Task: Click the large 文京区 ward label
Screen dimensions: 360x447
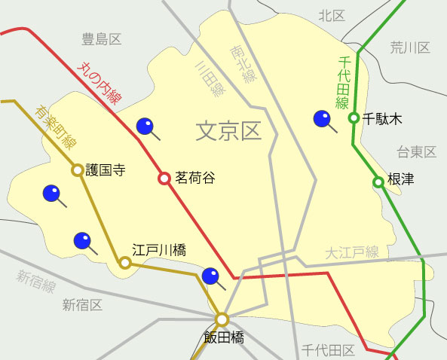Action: point(228,132)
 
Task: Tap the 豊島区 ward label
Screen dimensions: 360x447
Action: point(102,39)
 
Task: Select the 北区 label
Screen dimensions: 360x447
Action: point(331,15)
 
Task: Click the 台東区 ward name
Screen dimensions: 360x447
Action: point(417,152)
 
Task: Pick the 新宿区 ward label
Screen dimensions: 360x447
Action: point(82,305)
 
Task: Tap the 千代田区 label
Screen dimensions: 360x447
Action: point(327,350)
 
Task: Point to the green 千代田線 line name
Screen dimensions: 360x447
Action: point(342,83)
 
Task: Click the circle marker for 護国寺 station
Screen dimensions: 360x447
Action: point(77,170)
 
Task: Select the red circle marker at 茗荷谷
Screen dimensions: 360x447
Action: point(164,178)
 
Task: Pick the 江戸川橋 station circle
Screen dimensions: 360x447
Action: point(125,263)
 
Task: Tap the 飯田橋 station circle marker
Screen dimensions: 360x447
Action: point(222,319)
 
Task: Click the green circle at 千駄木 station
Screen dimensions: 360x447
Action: point(353,117)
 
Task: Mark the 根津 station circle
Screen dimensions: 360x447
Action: point(378,182)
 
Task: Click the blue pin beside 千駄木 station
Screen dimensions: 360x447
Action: point(323,119)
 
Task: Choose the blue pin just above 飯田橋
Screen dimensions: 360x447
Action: point(211,276)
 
